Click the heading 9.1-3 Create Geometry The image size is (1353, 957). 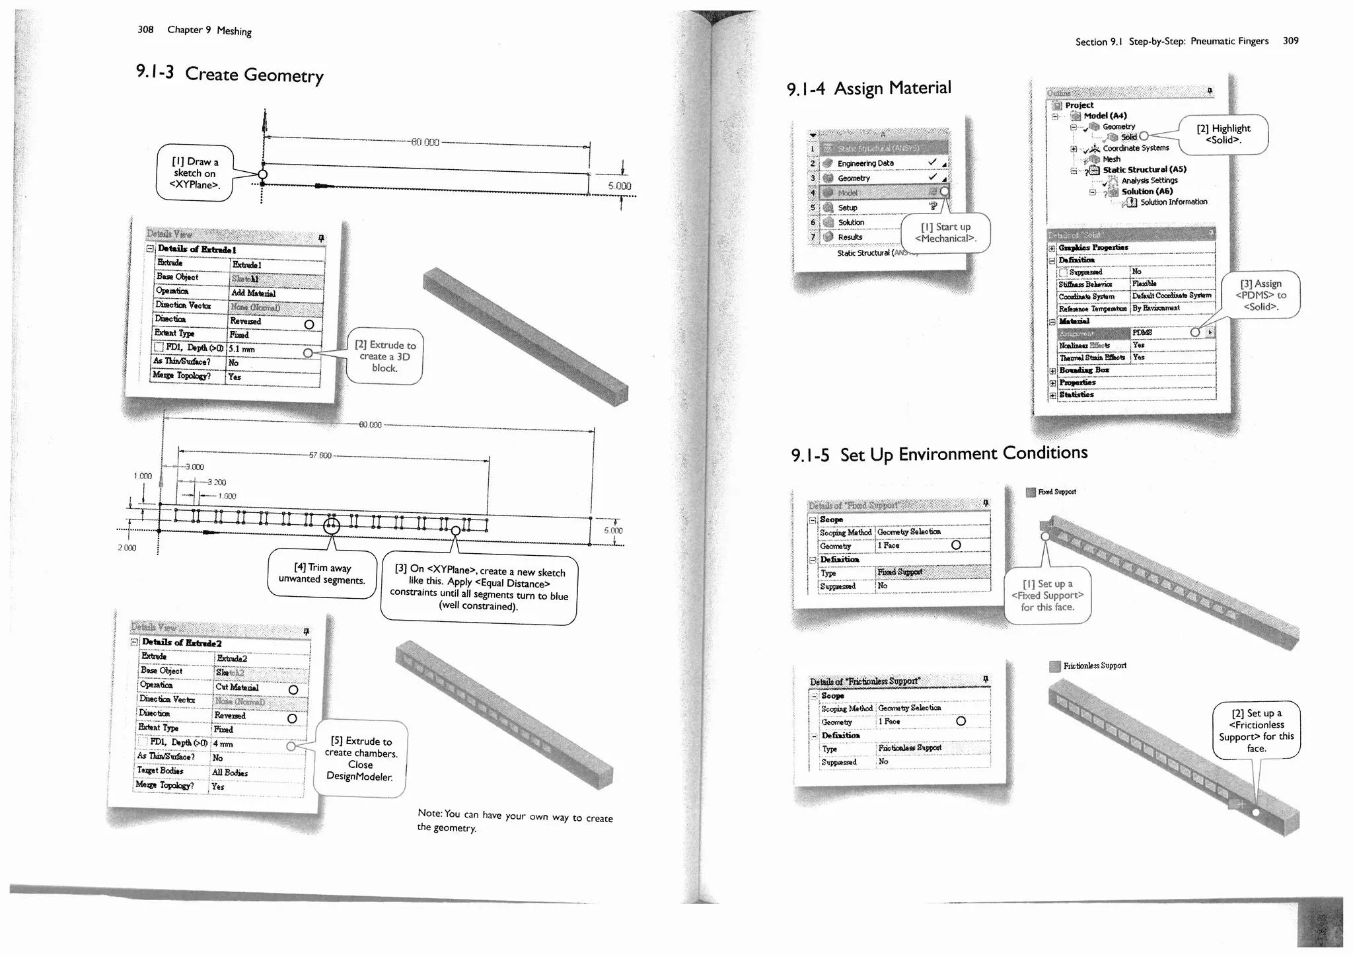(x=229, y=73)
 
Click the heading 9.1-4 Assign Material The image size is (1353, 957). (x=869, y=89)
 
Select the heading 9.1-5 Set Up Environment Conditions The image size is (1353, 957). (x=939, y=454)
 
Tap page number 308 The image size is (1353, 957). (x=145, y=29)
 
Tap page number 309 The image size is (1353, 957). (x=1290, y=40)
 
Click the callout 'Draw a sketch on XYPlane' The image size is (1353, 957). (x=194, y=173)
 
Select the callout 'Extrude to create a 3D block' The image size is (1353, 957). (x=385, y=357)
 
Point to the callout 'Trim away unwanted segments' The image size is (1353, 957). (x=322, y=574)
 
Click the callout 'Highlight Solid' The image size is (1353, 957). (x=1223, y=134)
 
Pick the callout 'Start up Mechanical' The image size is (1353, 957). (x=945, y=233)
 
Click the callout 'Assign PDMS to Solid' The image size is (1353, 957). (x=1261, y=295)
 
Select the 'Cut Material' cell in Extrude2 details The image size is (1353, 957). (x=244, y=687)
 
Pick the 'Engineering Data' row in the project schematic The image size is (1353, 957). (x=865, y=163)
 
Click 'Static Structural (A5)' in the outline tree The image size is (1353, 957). (x=1144, y=170)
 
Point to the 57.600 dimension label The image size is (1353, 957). (x=320, y=455)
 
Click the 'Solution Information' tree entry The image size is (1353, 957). (x=1173, y=202)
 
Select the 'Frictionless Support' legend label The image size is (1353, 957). (x=1095, y=666)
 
